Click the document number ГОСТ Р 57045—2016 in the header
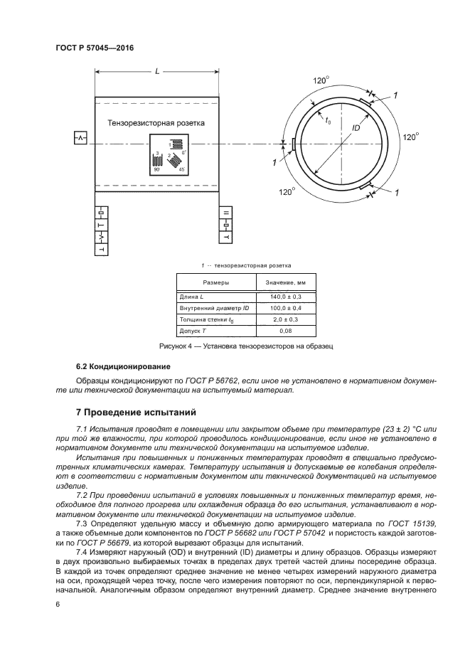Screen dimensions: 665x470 pos(94,48)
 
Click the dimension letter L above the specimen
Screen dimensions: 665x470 pos(157,71)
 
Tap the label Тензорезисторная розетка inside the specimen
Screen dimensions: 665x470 pos(156,123)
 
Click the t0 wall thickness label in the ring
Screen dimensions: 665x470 pos(328,121)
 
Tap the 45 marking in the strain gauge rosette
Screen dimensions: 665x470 pos(181,170)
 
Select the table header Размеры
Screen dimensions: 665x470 pos(208,282)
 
